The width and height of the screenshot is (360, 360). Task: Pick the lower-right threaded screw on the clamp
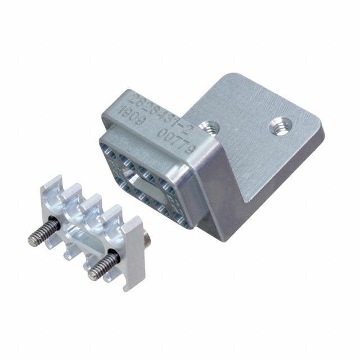(104, 263)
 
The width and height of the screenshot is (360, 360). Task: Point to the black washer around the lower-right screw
(115, 256)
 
